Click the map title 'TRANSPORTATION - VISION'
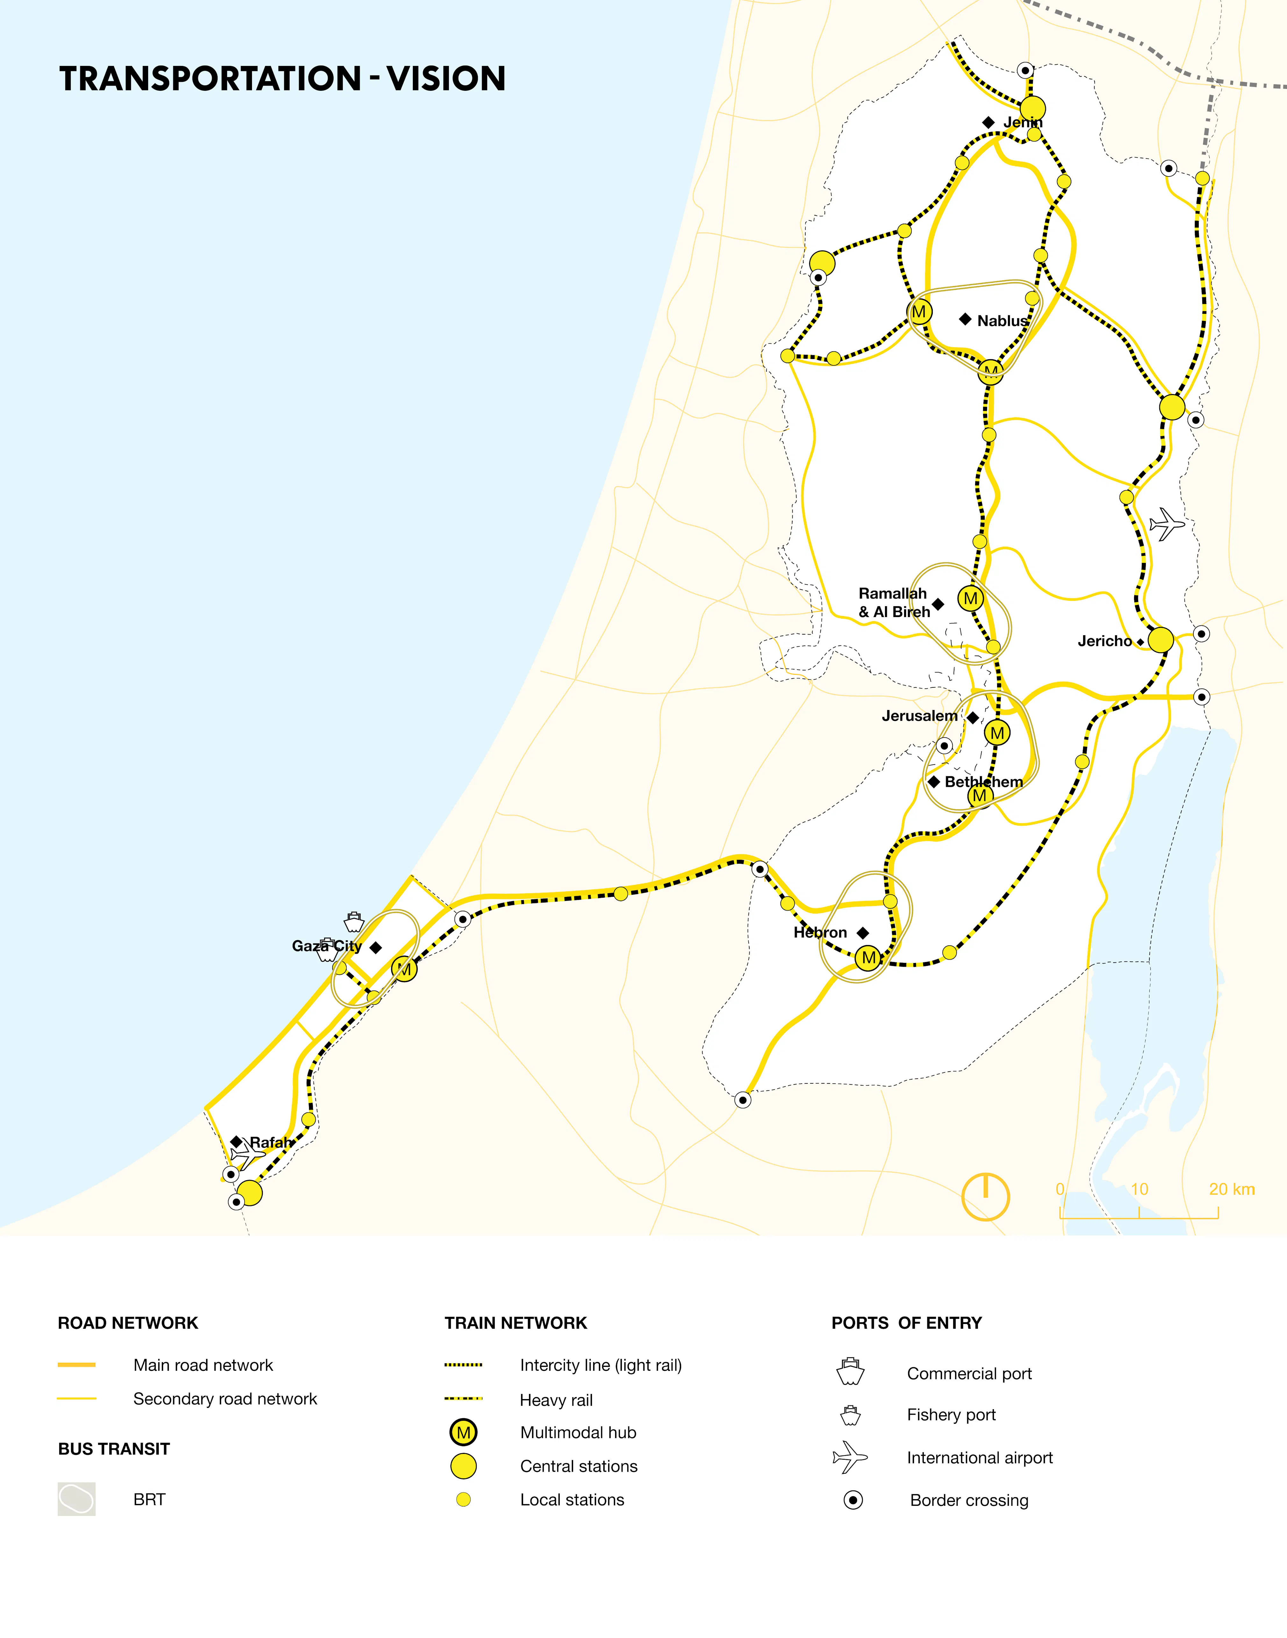pos(283,78)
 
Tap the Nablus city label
pos(1002,321)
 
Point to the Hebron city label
pos(820,933)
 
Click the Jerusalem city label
pos(919,716)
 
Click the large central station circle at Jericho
pos(1161,640)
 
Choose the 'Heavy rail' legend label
pos(556,1400)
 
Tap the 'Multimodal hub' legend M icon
pos(464,1432)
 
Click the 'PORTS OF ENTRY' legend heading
pos(907,1323)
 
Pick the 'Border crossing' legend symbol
pos(853,1500)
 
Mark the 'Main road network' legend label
pos(203,1365)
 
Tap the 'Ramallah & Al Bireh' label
pos(894,603)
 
